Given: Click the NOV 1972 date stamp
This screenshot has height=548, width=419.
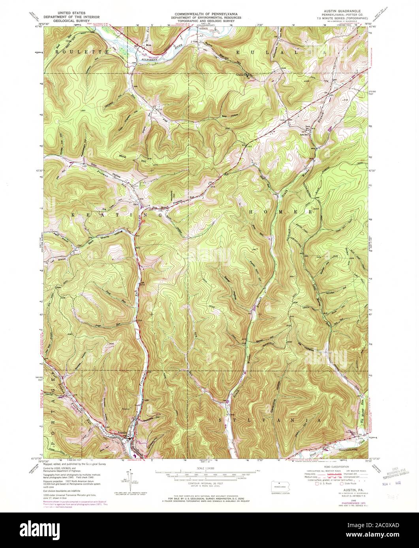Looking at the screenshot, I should (391, 482).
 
